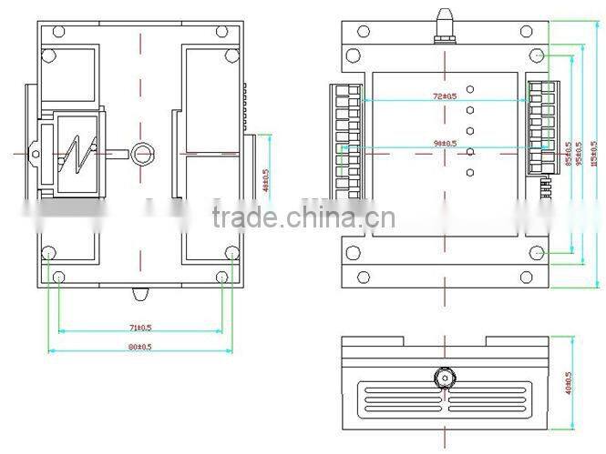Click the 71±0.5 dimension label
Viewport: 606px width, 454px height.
click(x=139, y=327)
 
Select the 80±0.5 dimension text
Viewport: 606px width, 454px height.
click(x=139, y=347)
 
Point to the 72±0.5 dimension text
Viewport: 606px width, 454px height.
click(x=445, y=95)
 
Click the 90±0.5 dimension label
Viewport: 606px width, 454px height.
click(x=446, y=144)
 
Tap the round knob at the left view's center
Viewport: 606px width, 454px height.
click(x=142, y=153)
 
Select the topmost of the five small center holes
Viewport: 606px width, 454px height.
click(x=470, y=89)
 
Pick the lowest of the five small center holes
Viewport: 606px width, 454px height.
click(x=470, y=173)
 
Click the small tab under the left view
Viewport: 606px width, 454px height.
click(x=140, y=295)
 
